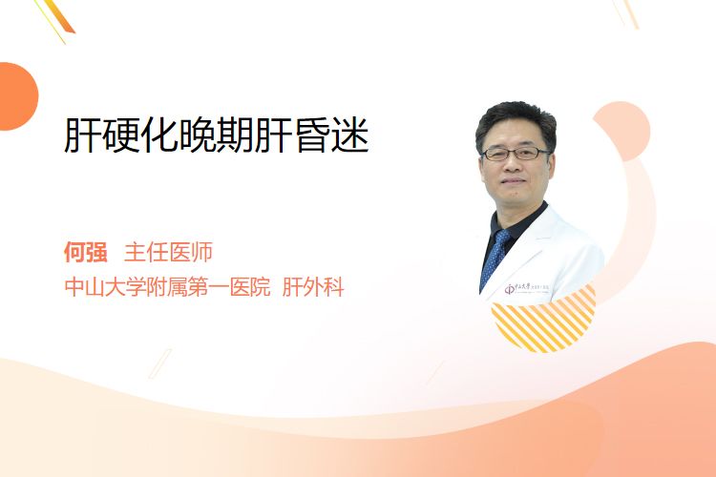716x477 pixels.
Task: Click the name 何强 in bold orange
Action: [86, 252]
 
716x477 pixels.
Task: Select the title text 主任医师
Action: [168, 252]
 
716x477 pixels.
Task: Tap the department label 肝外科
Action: [313, 287]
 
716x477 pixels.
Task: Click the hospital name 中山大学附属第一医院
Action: [168, 287]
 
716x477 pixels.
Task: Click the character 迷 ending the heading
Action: [350, 135]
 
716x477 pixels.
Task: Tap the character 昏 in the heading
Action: [312, 135]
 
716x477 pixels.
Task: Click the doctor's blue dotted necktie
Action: [495, 257]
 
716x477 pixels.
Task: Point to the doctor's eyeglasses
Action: [516, 154]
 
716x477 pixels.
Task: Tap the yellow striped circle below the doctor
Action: [543, 320]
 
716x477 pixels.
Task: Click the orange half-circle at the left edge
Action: [17, 96]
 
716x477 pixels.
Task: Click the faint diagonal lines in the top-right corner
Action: [625, 12]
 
